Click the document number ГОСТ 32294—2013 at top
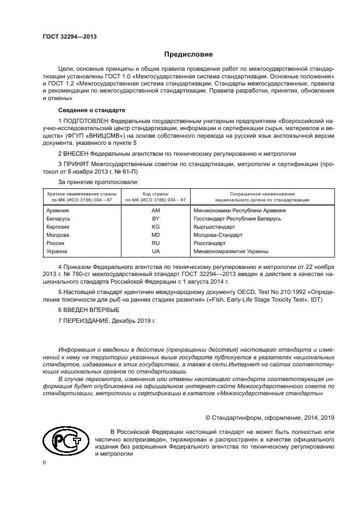tap(66, 36)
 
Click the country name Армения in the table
tap(58, 209)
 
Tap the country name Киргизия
tap(58, 226)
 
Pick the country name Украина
tap(57, 252)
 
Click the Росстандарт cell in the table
tap(210, 243)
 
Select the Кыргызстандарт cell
tap(216, 226)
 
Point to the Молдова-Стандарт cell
tap(218, 235)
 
